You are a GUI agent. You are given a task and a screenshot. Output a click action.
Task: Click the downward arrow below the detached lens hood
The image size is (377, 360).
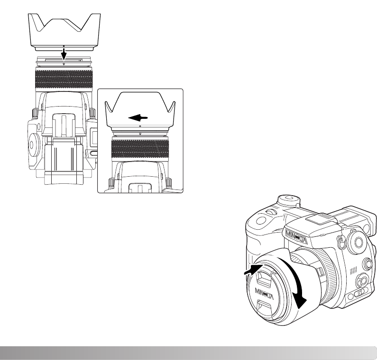coord(64,54)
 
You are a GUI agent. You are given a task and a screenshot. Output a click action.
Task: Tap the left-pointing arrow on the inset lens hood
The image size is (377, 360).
coord(138,117)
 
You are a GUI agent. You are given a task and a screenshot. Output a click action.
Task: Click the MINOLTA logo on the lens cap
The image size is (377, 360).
coord(264,294)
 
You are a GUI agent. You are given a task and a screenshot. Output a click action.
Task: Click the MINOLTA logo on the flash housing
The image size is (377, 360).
coord(296,237)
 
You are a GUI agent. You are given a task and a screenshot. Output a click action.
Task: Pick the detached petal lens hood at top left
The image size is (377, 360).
coord(64,32)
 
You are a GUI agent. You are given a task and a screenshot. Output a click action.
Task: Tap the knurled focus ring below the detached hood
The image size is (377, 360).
coord(64,78)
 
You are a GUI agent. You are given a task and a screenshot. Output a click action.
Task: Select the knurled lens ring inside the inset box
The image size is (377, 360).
coord(140,149)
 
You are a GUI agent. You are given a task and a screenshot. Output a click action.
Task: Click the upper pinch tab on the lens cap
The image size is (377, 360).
coord(262,279)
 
